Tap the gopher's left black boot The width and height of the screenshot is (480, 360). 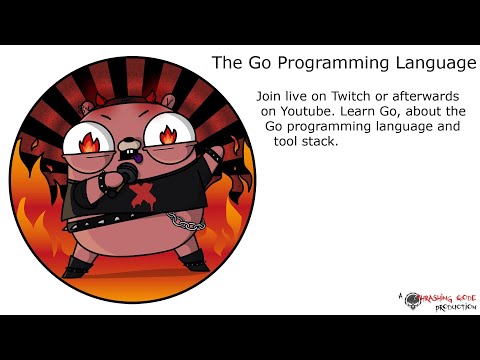[80, 268]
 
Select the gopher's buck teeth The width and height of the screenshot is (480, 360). [126, 160]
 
